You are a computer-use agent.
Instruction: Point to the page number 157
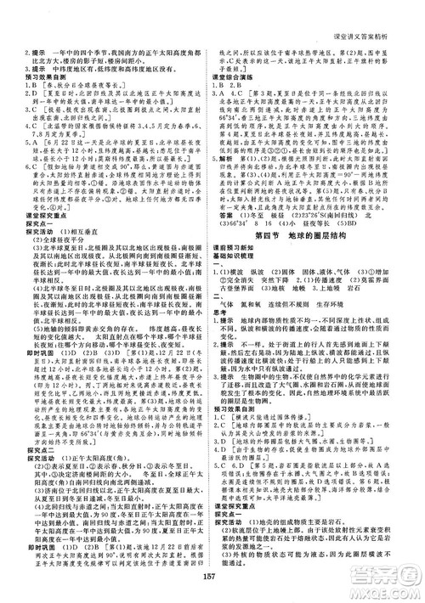click(x=212, y=585)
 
